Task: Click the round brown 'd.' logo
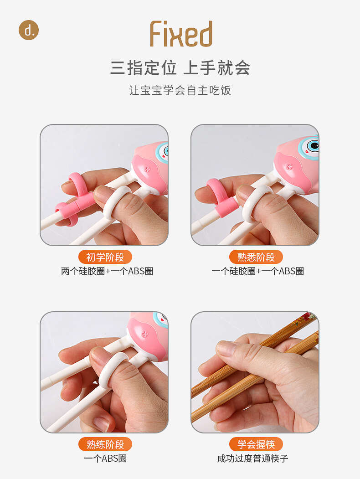[29, 30]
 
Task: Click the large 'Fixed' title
[181, 34]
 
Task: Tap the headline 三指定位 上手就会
[180, 68]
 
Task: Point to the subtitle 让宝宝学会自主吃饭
[180, 90]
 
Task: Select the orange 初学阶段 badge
[105, 257]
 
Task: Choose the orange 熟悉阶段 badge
[256, 257]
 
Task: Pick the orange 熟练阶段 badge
[105, 444]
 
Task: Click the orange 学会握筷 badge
[256, 444]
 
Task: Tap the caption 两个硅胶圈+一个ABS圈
[107, 271]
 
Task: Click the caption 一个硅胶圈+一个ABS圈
[258, 271]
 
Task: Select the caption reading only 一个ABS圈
[105, 458]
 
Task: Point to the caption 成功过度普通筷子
[252, 458]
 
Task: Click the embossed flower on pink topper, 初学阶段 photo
[147, 169]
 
